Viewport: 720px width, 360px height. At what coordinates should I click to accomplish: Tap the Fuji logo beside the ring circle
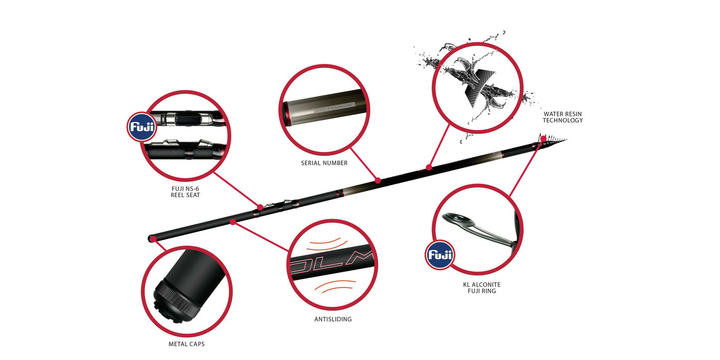coord(439,256)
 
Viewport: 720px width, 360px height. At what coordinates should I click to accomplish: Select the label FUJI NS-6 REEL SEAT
coord(185,192)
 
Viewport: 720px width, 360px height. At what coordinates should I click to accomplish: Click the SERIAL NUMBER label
coord(324,163)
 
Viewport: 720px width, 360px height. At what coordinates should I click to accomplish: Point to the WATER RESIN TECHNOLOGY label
coord(563,117)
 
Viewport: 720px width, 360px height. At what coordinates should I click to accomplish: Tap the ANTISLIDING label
coord(333,319)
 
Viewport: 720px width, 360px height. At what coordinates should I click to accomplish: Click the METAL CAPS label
coord(186,344)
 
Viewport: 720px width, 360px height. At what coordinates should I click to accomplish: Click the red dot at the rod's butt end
coord(153,239)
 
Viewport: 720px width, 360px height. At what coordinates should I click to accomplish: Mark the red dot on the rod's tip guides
coord(543,138)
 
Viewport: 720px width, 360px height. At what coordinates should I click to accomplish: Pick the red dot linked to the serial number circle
coord(378,180)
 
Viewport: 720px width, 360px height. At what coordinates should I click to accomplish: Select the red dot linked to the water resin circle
coord(429,167)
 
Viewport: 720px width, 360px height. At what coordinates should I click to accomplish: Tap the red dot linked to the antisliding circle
coord(233,222)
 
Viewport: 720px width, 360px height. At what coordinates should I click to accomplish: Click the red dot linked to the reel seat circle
coord(260,207)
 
